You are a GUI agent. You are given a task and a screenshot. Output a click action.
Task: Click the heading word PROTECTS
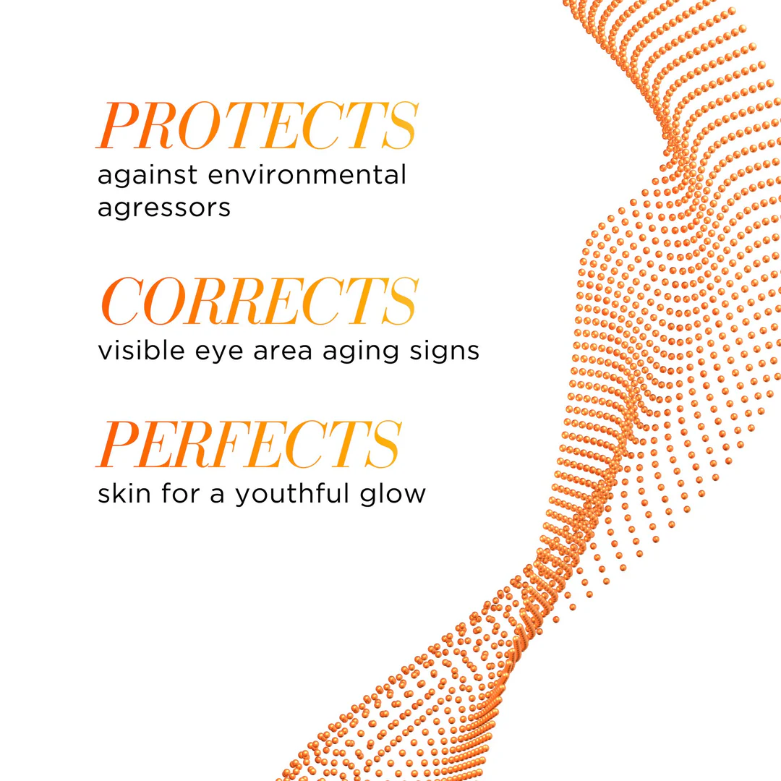click(x=257, y=127)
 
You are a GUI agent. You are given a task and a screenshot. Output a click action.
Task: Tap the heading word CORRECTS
click(x=257, y=301)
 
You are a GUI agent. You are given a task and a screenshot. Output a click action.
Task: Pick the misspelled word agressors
click(x=163, y=208)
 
